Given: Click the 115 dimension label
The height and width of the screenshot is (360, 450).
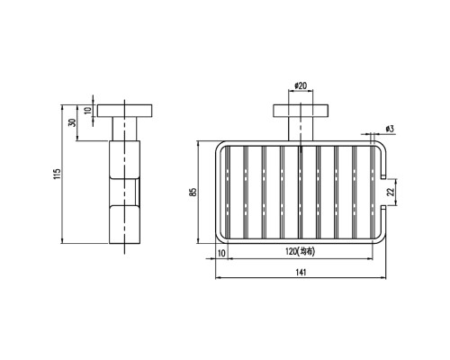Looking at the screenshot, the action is (58, 174).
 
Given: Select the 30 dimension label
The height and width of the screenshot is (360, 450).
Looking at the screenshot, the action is (72, 122).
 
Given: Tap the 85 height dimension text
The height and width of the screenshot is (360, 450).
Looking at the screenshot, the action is (193, 192).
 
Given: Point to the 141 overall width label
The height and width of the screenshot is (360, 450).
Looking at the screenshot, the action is (301, 272).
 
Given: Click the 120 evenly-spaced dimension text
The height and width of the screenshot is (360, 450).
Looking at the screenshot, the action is (300, 251).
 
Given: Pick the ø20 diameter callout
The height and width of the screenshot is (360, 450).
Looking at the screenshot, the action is (301, 85).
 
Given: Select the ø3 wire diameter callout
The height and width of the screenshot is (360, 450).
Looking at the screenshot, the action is (390, 129).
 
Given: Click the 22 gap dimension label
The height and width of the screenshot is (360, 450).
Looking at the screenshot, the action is (390, 192).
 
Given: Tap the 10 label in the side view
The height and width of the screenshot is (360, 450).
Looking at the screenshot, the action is (87, 111).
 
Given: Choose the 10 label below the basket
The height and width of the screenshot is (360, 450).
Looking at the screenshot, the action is (221, 253).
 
